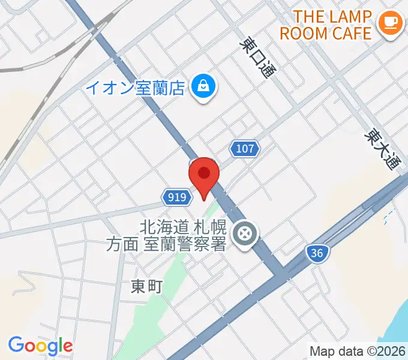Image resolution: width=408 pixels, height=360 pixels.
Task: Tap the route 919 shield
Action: coord(176,197)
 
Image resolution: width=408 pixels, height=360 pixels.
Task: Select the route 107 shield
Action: coord(244,149)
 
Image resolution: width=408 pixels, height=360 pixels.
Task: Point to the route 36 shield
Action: coord(317,253)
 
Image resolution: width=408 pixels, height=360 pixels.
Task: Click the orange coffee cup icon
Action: coord(390,23)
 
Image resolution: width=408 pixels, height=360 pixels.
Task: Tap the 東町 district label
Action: coord(146,287)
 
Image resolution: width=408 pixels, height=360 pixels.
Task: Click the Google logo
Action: coord(40,345)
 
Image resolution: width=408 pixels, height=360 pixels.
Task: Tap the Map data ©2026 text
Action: coord(358,351)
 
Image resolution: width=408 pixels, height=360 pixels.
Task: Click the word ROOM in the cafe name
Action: coord(304,32)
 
